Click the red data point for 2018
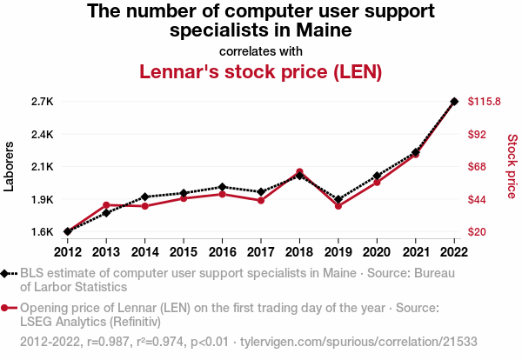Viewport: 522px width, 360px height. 299,172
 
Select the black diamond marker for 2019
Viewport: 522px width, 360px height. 338,199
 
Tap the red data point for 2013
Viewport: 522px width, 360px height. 106,205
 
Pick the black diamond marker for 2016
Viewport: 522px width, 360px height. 223,187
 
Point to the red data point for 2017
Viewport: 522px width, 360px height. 261,201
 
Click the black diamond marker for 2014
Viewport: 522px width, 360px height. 145,197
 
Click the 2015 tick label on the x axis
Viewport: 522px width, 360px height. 184,252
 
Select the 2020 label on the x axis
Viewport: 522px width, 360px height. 377,252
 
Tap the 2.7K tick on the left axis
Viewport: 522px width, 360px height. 42,102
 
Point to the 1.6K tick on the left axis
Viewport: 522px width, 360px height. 42,232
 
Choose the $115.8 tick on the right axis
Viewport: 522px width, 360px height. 484,102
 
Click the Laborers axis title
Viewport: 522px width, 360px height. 10,167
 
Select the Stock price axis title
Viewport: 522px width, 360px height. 512,167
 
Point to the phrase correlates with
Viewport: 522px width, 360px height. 261,50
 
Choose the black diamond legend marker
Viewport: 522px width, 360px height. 7,274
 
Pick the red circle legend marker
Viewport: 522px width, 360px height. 7,307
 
